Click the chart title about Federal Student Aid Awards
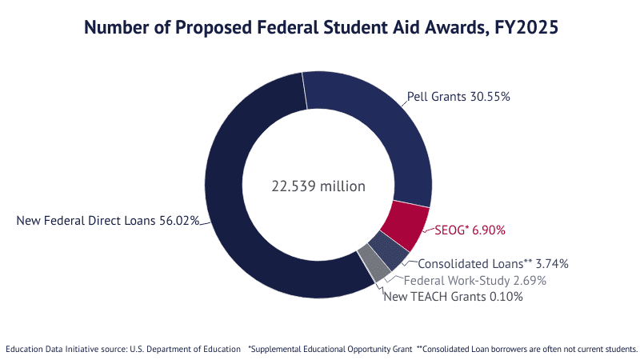(320, 28)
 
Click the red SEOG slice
(406, 223)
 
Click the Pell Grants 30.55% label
(458, 96)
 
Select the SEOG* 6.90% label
(470, 230)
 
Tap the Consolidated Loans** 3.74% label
(493, 263)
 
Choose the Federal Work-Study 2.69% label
(474, 281)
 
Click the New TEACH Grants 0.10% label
(453, 297)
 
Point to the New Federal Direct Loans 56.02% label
(107, 220)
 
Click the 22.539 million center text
(318, 186)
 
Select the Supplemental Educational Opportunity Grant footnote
(330, 349)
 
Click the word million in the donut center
(342, 186)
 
